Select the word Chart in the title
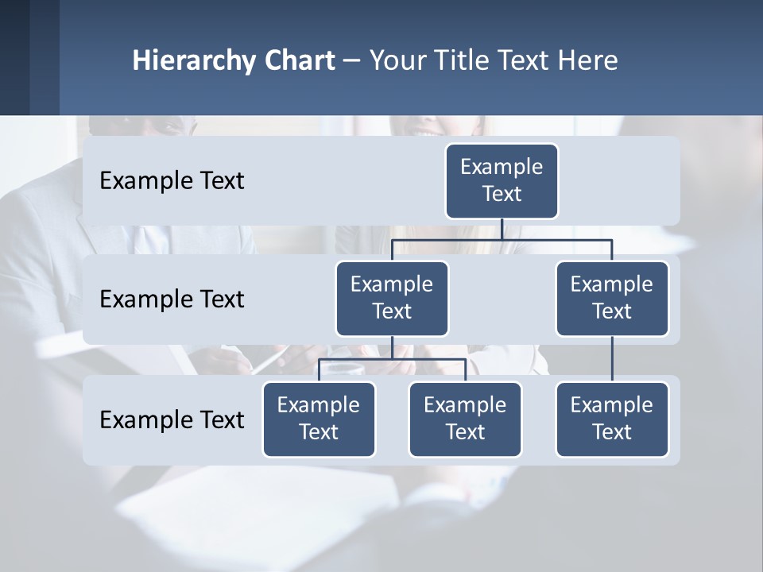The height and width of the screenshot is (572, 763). (x=300, y=60)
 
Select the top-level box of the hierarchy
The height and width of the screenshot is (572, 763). (x=502, y=180)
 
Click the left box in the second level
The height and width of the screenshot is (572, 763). (x=392, y=298)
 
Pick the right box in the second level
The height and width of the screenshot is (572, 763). (x=612, y=298)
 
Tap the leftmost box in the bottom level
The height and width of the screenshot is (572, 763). (x=319, y=419)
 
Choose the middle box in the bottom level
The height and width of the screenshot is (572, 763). (x=465, y=419)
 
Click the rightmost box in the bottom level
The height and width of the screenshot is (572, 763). (x=612, y=419)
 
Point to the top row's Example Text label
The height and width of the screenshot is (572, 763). (x=172, y=180)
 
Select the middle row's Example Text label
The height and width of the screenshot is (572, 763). (x=172, y=299)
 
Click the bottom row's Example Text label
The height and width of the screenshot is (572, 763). (x=172, y=419)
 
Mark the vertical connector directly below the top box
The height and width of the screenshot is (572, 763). (x=502, y=229)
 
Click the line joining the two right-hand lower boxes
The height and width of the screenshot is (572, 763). (x=612, y=359)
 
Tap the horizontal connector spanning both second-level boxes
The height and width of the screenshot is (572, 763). (x=556, y=239)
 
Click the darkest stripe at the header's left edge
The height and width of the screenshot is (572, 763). (x=14, y=57)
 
